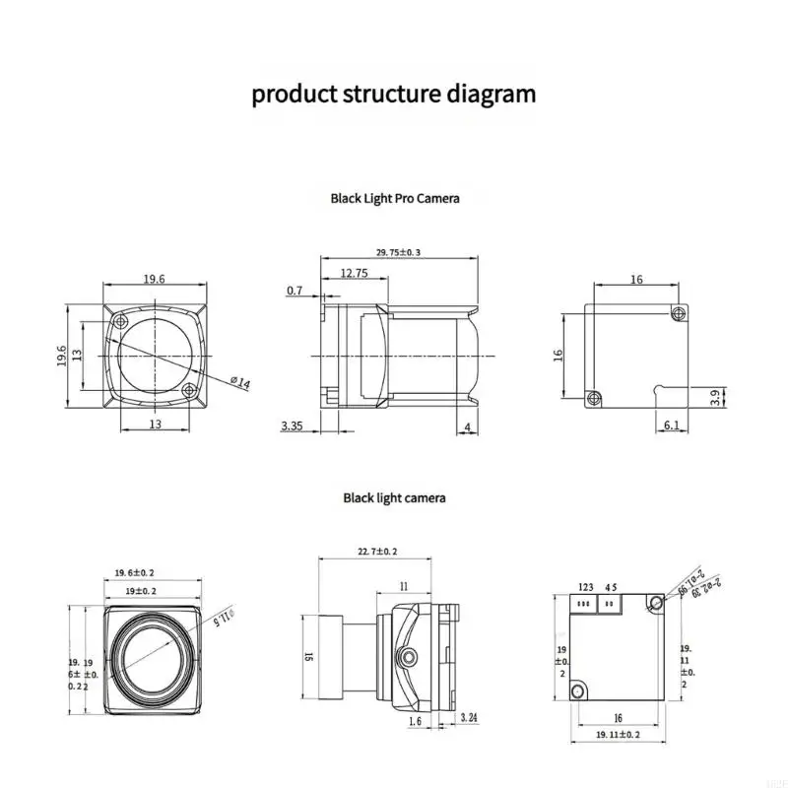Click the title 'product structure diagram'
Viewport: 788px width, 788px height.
tap(394, 95)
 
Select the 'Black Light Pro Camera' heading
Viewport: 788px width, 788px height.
tap(394, 198)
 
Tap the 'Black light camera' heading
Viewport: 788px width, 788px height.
tap(394, 497)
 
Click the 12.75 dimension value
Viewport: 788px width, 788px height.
tap(354, 274)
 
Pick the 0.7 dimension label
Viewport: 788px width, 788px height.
tap(295, 291)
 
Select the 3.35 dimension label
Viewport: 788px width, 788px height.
tap(292, 426)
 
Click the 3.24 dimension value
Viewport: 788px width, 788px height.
tap(471, 720)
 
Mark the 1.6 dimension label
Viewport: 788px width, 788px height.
tap(417, 720)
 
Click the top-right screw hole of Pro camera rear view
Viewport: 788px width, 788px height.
tap(677, 312)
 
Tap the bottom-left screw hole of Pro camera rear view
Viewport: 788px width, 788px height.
tap(593, 398)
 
